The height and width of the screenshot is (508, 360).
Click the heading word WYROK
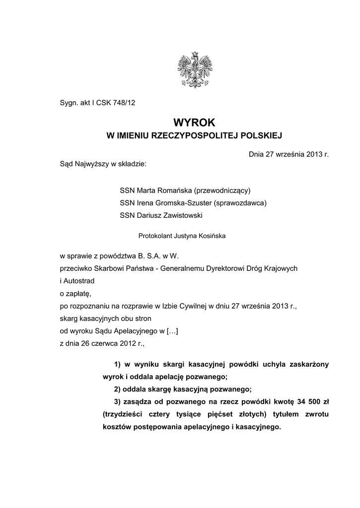(x=194, y=122)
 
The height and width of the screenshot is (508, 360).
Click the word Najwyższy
(x=92, y=164)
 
